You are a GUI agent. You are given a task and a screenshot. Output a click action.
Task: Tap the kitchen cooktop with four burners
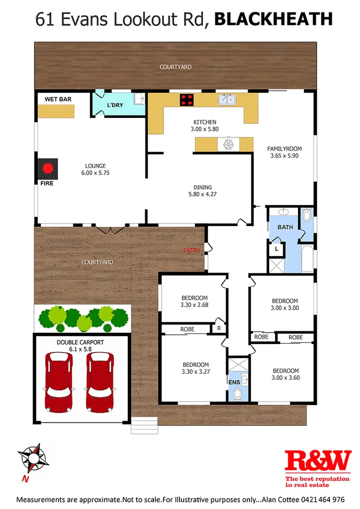187,100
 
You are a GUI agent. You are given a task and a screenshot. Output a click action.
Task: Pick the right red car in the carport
99,382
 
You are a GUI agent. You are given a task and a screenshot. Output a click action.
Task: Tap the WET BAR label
55,99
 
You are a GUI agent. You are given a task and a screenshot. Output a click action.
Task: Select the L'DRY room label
115,105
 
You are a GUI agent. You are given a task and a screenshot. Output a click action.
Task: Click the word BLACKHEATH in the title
273,19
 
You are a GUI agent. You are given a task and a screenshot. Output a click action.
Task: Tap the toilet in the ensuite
237,395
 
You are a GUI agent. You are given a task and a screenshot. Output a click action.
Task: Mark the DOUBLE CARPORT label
81,342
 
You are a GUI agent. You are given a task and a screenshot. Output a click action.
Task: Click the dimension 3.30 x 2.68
194,304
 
